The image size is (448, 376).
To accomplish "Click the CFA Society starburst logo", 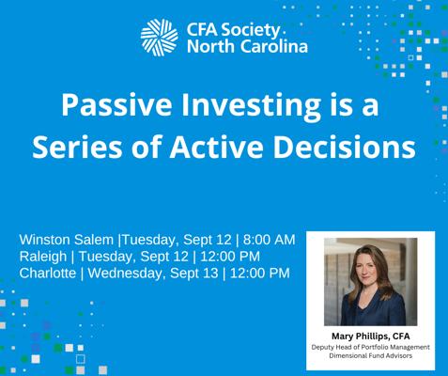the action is point(160,38).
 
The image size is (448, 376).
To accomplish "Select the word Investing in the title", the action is point(251,106).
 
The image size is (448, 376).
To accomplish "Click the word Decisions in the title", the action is point(345,147).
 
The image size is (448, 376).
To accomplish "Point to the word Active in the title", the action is point(216,147).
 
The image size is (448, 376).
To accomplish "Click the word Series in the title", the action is point(77,147).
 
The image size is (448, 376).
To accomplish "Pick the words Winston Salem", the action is point(67,240).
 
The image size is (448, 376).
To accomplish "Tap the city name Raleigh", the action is point(43,257).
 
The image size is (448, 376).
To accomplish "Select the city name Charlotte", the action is point(48,273).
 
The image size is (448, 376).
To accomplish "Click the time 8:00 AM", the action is point(270,240).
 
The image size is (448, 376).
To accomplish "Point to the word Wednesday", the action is point(125,274).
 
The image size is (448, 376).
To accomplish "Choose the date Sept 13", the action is point(193,274).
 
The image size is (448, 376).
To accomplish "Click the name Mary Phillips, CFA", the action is point(371,337).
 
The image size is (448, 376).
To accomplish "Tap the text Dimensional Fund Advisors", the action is point(371,355).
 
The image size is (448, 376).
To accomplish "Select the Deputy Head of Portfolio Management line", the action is point(371,348).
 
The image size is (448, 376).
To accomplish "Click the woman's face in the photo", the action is point(370,268).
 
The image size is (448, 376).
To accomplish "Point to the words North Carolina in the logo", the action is point(247,47).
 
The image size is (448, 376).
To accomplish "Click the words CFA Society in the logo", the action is point(233,30).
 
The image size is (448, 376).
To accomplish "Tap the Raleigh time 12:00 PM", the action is point(230,257).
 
